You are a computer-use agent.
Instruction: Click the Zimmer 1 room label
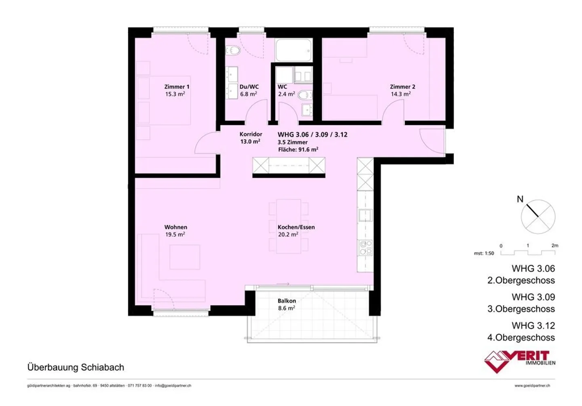coord(177,86)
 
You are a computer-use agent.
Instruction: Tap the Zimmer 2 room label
coord(402,86)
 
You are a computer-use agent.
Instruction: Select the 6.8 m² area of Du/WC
coord(249,94)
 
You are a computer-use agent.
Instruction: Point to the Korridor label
coord(251,134)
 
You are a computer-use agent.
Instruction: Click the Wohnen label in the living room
coord(175,227)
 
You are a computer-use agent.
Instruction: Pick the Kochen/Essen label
coord(296,227)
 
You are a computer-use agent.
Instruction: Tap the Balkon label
coord(287,301)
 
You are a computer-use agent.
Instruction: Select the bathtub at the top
coord(293,50)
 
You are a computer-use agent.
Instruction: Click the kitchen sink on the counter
coord(365,215)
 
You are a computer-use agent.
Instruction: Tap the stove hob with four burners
coord(365,247)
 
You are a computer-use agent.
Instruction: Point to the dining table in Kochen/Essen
coord(289,226)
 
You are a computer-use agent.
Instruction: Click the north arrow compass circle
coord(538,217)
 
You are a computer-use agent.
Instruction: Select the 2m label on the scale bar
coord(555,245)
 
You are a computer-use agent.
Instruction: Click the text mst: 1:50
coord(484,253)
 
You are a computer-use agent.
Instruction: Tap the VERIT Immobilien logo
coord(519,361)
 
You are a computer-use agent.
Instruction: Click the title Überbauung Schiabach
coord(76,367)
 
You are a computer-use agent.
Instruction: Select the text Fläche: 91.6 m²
coord(298,149)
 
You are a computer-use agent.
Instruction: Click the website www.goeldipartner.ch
coord(532,386)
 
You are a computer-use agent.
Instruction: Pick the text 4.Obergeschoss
coord(521,338)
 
